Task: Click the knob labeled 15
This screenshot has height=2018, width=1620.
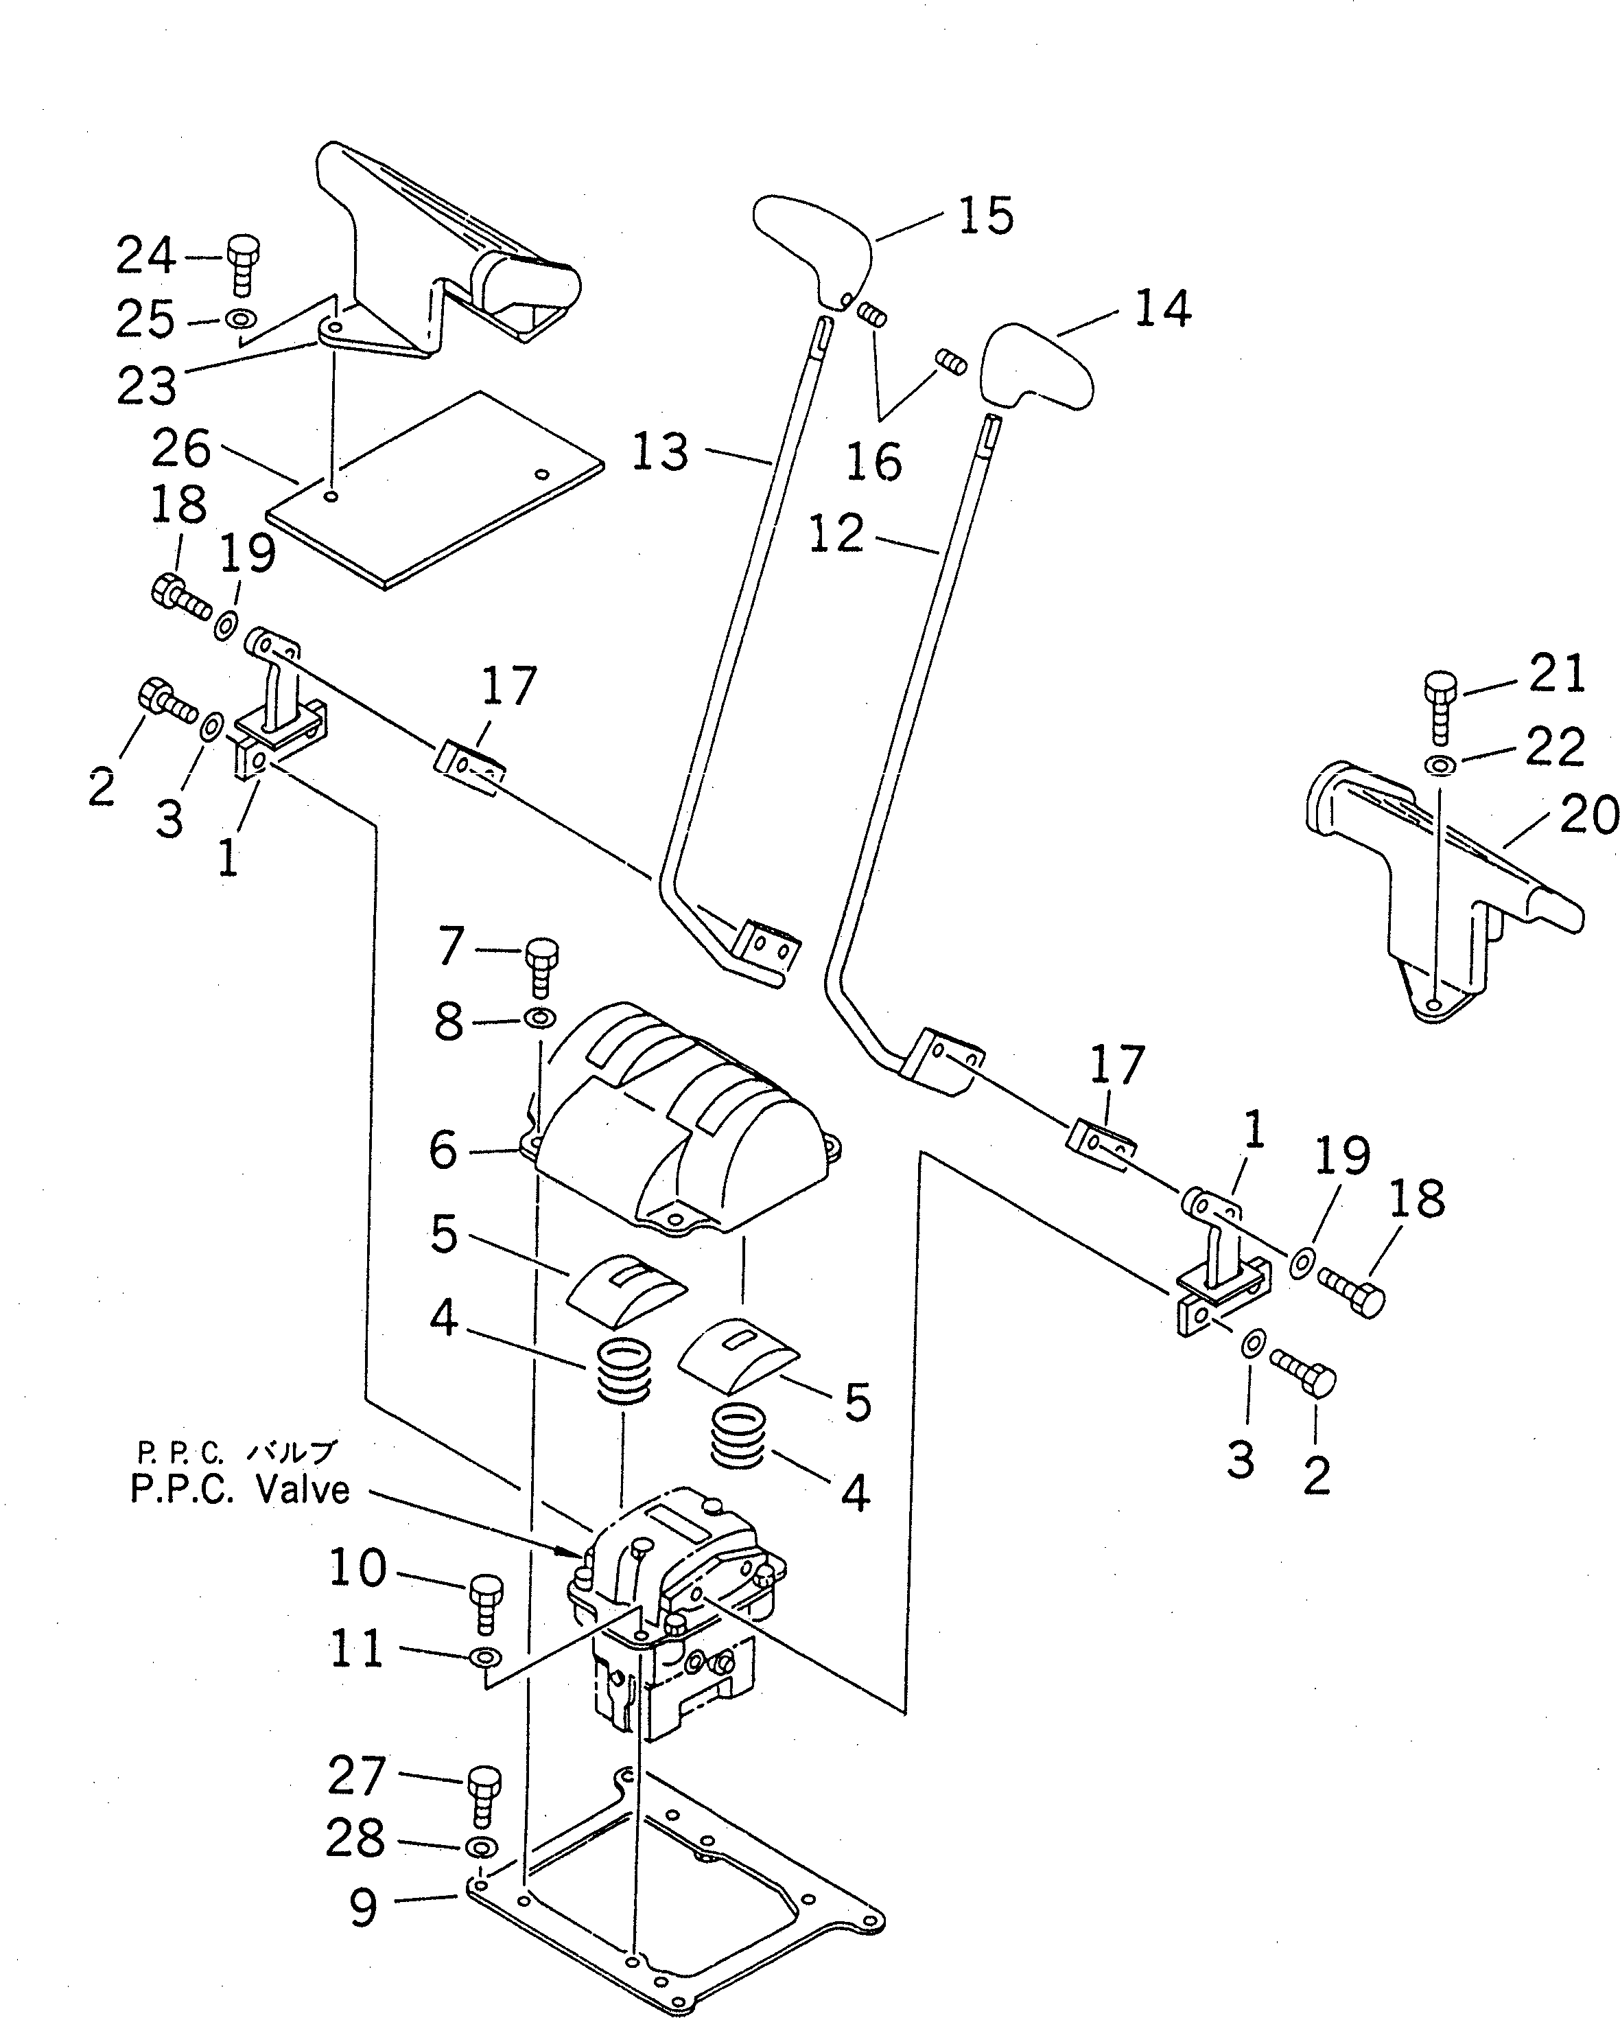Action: (812, 246)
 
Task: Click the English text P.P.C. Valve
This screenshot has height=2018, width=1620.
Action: (239, 1489)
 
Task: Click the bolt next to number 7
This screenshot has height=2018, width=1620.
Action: (539, 967)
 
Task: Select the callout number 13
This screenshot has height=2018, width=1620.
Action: (660, 453)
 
